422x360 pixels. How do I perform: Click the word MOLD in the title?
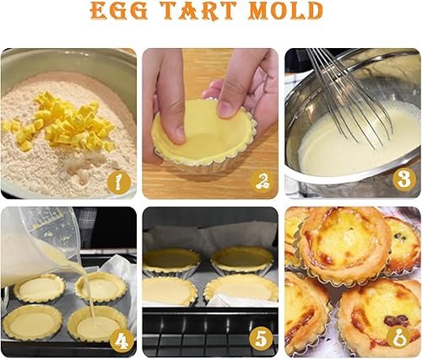click(286, 10)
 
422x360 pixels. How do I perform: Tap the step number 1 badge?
click(119, 182)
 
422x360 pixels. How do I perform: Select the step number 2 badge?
click(262, 181)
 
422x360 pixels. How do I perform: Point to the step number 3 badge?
click(404, 180)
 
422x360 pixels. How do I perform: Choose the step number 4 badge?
click(122, 341)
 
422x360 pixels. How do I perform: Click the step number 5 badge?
click(262, 339)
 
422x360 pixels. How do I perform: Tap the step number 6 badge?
click(398, 336)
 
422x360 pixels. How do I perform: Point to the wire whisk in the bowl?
click(349, 99)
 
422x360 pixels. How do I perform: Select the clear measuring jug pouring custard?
click(40, 244)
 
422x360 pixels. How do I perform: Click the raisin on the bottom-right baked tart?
click(397, 320)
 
